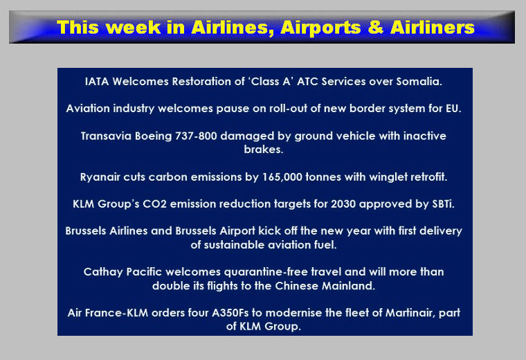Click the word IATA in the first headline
pos(97,82)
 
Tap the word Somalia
pos(419,82)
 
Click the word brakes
pos(263,150)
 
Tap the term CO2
pos(154,204)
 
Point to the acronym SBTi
pos(443,204)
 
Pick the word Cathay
pos(103,272)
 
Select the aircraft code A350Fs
pos(230,313)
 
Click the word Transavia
pos(106,136)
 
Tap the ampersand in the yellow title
pos(375,28)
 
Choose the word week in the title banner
pos(135,28)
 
